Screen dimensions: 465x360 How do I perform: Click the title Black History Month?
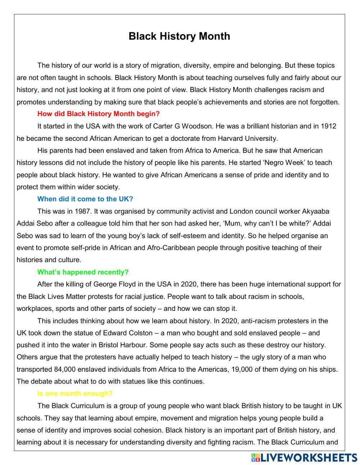179,36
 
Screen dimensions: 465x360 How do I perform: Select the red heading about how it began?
98,114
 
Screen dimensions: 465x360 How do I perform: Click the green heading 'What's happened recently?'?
83,272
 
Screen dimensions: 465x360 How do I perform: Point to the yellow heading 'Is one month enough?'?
75,394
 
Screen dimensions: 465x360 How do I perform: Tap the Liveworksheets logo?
304,457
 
